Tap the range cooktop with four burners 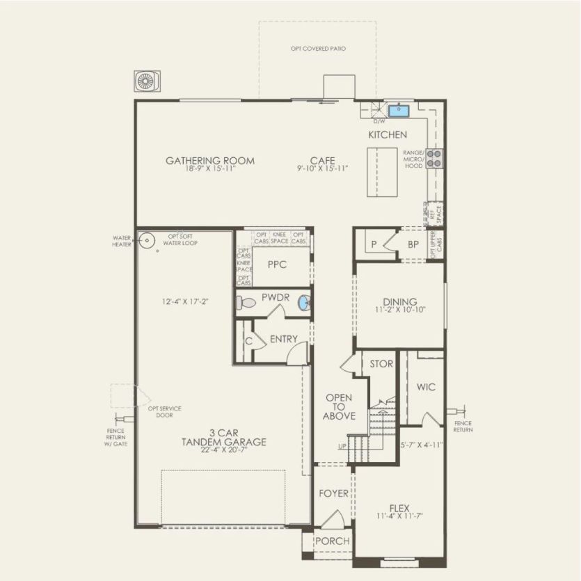click(x=433, y=159)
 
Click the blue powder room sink click(x=303, y=303)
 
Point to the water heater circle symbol click(x=146, y=241)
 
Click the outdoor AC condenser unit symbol click(x=147, y=81)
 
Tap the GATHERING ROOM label click(x=209, y=161)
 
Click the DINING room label click(x=400, y=302)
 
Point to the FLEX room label click(x=399, y=509)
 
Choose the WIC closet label click(x=425, y=387)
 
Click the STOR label click(x=381, y=364)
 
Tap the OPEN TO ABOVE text click(x=339, y=407)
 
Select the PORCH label click(x=332, y=541)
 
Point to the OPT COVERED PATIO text click(x=318, y=49)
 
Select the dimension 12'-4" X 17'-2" click(x=184, y=301)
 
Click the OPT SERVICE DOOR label click(x=164, y=412)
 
